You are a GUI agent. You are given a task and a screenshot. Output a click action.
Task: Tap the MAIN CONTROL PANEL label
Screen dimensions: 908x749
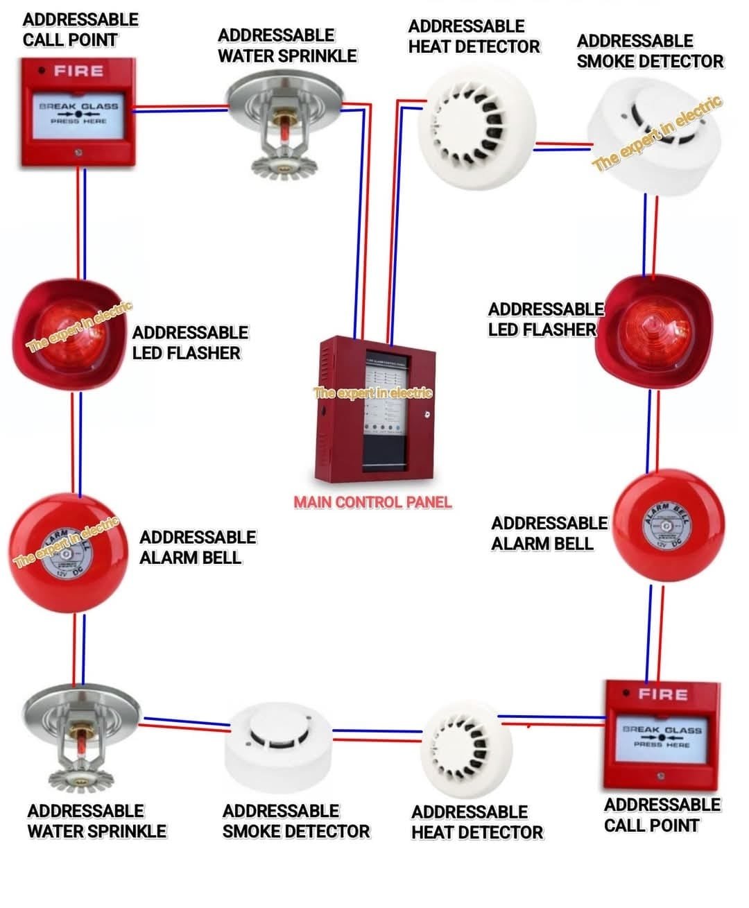click(372, 502)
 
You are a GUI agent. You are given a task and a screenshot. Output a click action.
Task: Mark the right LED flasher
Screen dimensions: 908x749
click(653, 330)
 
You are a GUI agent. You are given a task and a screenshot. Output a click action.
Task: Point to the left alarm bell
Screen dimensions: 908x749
click(67, 552)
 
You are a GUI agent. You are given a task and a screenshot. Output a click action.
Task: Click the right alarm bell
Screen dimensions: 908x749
click(669, 525)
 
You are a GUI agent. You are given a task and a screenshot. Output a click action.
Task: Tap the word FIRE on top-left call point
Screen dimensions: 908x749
click(79, 71)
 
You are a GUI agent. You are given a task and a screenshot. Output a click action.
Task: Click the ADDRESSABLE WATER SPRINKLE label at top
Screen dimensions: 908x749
click(287, 46)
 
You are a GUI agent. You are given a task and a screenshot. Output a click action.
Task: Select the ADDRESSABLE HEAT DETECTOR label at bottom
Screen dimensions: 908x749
click(476, 822)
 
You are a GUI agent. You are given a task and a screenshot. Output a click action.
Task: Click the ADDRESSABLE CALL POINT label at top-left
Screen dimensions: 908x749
click(80, 30)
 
